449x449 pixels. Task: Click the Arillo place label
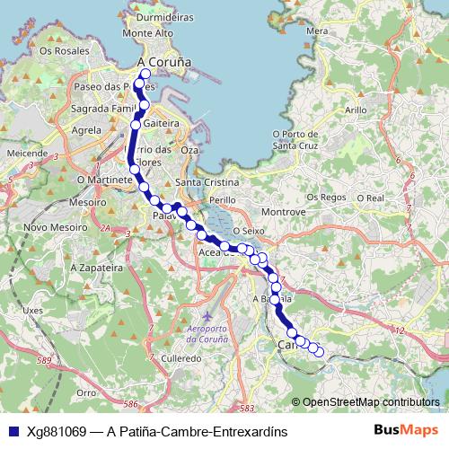pos(356,110)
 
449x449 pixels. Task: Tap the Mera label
pos(317,31)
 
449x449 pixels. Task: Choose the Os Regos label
pos(326,197)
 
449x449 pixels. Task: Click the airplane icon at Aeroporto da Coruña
pos(208,318)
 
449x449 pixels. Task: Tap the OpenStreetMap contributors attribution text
pos(371,402)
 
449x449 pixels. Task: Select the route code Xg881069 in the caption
pos(57,431)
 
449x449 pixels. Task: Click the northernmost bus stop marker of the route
pos(145,75)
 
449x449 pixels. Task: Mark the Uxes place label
pos(33,310)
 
